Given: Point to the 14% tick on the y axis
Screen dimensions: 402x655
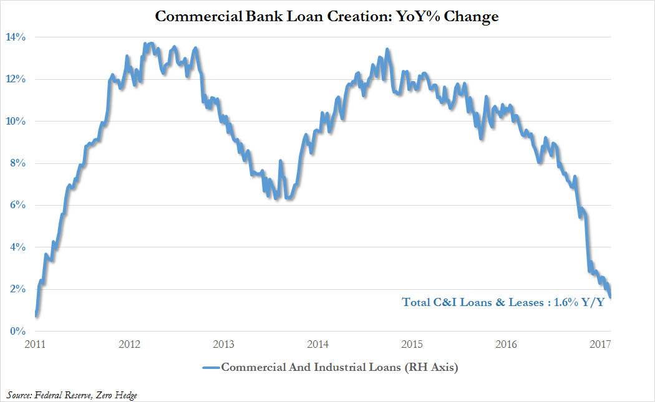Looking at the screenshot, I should pos(16,37).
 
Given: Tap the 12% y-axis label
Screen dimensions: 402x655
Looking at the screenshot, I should pos(16,79).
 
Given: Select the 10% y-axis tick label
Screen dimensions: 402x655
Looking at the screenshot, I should pos(16,121).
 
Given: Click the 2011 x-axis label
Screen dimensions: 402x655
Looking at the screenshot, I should pos(34,343).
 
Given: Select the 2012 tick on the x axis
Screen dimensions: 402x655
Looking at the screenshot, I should pos(129,343).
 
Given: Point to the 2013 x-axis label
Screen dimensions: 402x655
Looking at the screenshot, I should pos(223,343).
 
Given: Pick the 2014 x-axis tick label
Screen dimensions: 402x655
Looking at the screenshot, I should pos(318,343).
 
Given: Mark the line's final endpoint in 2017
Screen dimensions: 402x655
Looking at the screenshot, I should pos(611,297).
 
